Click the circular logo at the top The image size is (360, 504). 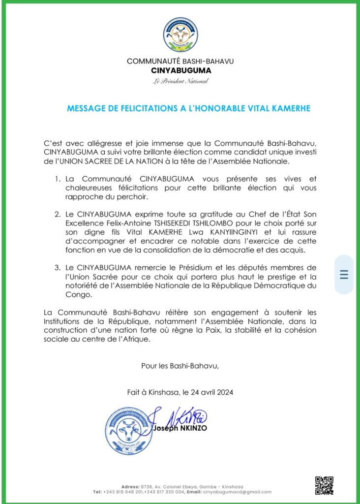[180, 35]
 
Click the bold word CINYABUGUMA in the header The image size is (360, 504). [180, 70]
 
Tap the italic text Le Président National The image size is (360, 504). [180, 81]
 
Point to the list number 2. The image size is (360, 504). [58, 215]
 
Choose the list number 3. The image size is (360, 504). [58, 268]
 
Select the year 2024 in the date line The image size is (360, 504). [224, 392]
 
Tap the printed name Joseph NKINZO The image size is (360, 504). [180, 428]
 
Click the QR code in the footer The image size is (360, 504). [324, 485]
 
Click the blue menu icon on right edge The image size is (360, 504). [344, 275]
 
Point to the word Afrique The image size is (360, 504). [150, 339]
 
